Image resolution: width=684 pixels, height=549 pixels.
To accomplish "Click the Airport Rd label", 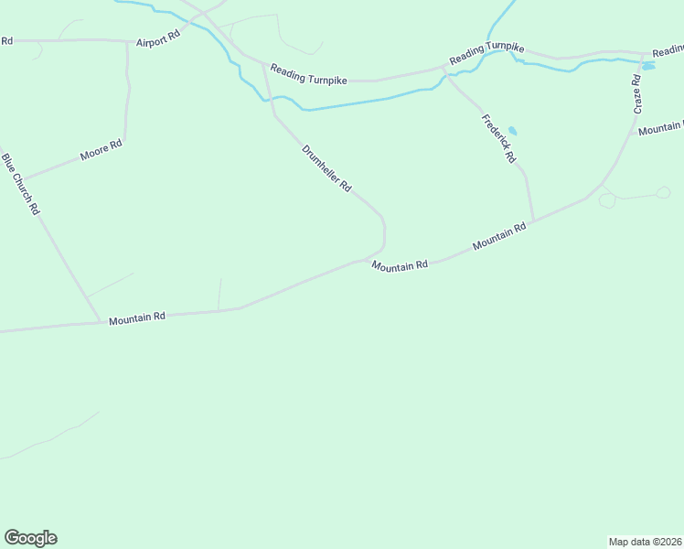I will (x=158, y=42).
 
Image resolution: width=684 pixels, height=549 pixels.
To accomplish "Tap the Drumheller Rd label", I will (x=326, y=167).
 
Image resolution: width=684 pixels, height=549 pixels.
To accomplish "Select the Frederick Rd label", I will (x=498, y=137).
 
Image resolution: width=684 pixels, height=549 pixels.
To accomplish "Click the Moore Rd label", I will (x=101, y=150).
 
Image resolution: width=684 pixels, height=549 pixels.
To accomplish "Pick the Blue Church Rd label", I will (x=21, y=183).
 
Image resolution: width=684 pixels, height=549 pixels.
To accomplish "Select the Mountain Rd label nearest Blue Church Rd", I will (x=136, y=318).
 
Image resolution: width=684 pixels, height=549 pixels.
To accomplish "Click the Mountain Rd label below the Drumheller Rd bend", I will (x=400, y=264).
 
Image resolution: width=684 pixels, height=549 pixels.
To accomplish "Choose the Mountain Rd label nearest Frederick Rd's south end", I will (x=499, y=237).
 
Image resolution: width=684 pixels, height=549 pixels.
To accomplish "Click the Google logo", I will (x=30, y=537).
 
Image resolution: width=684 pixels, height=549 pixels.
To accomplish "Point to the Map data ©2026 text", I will (x=645, y=541).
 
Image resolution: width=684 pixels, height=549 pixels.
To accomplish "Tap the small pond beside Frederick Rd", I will (x=512, y=131).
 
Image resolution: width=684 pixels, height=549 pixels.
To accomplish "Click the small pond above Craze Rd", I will (x=648, y=66).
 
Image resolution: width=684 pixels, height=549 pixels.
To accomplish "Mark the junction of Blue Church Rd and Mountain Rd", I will (x=100, y=321).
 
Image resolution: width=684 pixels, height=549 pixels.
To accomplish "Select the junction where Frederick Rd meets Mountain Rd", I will (x=533, y=221).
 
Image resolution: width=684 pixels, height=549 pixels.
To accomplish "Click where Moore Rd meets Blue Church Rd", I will (x=20, y=179).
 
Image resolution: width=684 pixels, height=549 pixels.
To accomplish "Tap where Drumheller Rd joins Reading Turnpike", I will (x=264, y=64).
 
